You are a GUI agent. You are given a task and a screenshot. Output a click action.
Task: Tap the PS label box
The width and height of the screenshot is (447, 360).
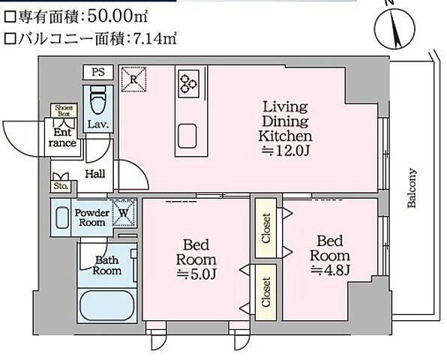click(97, 73)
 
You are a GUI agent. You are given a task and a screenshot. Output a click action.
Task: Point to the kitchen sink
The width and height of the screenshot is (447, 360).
click(187, 136)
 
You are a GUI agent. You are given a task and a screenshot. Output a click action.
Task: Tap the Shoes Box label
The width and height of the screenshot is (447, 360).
click(61, 110)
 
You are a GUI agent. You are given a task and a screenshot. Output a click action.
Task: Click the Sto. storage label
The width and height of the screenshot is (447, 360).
click(60, 184)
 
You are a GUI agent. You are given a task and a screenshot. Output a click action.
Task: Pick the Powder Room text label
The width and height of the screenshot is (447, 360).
click(91, 217)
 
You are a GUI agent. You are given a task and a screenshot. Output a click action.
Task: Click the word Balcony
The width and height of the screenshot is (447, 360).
click(412, 187)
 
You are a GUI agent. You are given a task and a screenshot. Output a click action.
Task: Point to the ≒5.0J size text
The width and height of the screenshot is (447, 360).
click(196, 275)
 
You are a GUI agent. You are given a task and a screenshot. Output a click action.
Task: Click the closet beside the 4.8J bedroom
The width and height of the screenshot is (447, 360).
click(266, 229)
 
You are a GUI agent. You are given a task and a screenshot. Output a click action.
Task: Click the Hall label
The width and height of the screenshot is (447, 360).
click(94, 174)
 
